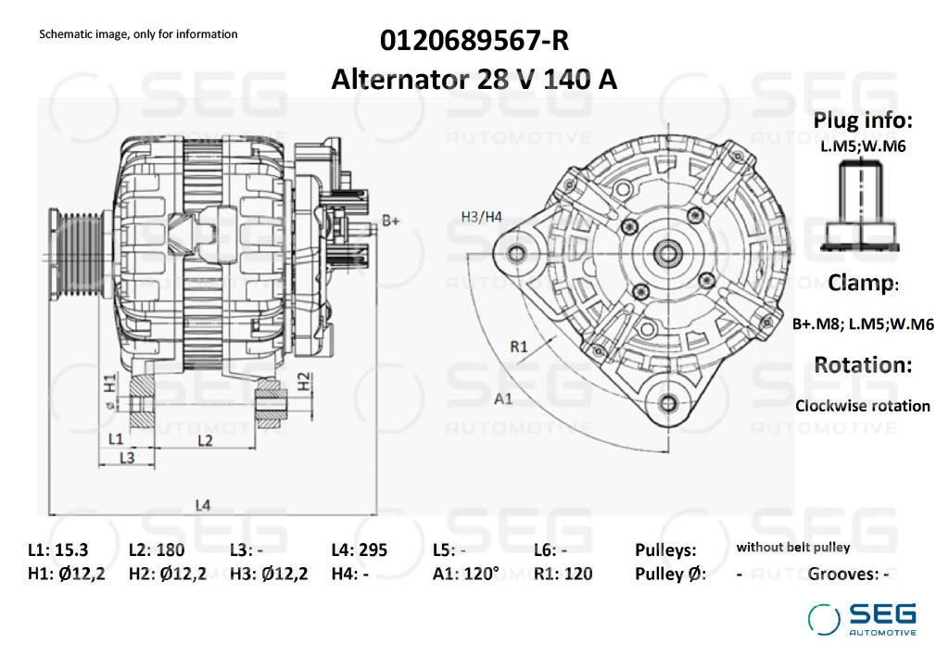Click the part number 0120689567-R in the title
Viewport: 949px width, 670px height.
(x=474, y=42)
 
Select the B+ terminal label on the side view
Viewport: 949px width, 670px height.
(x=391, y=221)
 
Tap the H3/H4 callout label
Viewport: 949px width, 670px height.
(x=481, y=217)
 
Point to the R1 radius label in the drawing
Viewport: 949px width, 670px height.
(x=519, y=347)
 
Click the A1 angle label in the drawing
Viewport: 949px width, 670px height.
(x=504, y=398)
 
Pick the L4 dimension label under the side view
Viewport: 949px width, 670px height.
(x=203, y=505)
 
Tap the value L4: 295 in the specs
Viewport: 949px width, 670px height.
(x=359, y=550)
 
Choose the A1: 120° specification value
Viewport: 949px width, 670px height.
(x=465, y=574)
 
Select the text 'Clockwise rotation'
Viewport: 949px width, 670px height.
(x=862, y=406)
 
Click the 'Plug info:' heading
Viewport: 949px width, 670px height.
(x=863, y=120)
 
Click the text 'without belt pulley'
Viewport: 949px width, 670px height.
(x=792, y=548)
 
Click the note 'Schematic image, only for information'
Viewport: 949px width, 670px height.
(x=138, y=34)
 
